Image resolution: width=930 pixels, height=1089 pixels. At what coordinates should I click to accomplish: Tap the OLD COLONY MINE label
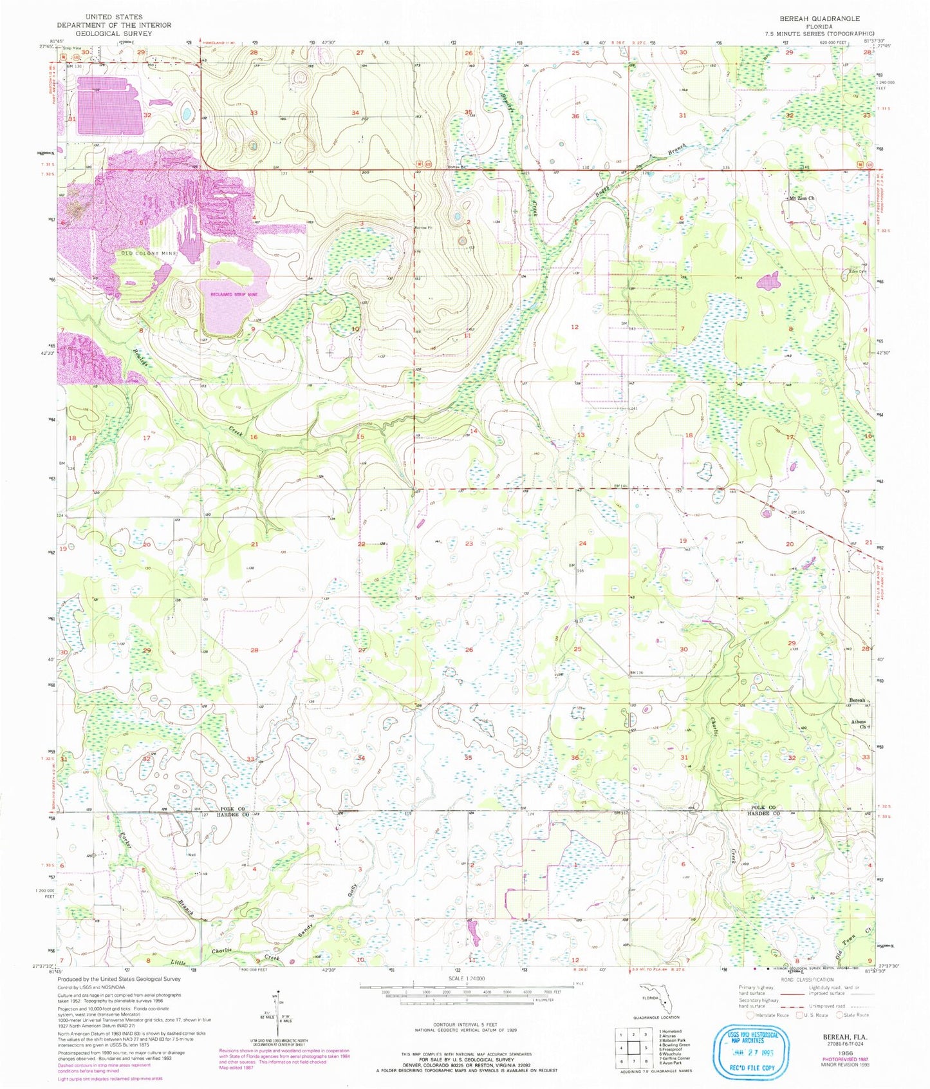[x=145, y=254]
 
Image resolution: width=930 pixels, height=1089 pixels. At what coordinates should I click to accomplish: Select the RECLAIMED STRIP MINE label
[x=234, y=294]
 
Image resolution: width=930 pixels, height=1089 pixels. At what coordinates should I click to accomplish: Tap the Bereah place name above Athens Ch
[x=857, y=700]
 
